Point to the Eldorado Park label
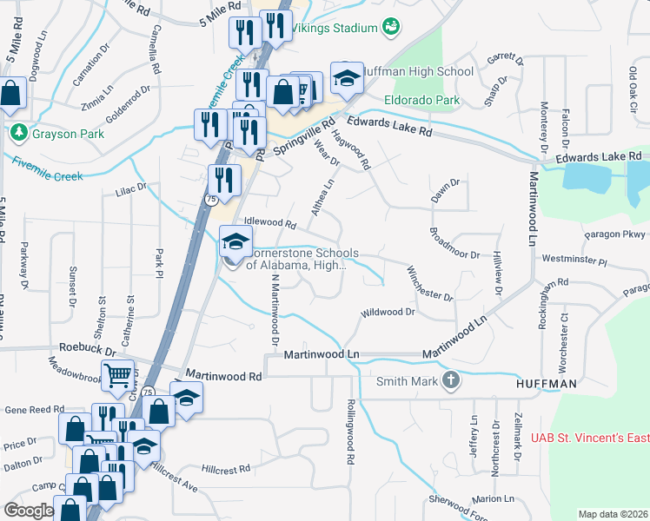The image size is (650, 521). point(423,101)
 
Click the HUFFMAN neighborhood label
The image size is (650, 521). point(546,382)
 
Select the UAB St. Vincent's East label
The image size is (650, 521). point(581,439)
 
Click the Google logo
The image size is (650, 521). point(29,511)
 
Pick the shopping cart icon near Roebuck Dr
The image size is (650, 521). point(118,375)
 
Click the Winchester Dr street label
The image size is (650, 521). point(429,284)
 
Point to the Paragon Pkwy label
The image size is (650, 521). point(615,234)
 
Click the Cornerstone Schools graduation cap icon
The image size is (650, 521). point(234,242)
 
